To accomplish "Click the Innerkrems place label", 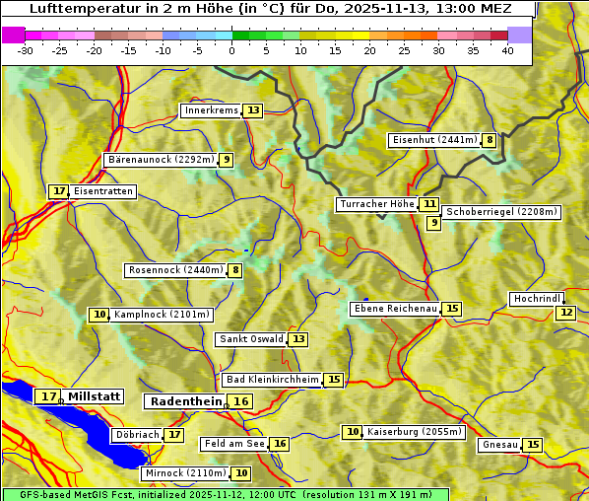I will [211, 110].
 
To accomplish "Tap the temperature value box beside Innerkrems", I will [254, 110].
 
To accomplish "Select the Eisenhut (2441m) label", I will [434, 140].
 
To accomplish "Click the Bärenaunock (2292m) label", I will [160, 160].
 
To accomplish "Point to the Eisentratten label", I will [102, 191].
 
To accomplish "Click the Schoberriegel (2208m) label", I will [501, 212].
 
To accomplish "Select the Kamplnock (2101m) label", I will [162, 316].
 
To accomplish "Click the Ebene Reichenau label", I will [395, 310].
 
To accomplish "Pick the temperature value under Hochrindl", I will [565, 313].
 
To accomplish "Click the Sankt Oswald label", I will [251, 339].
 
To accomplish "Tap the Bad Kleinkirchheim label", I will [273, 380].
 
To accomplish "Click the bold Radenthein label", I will [185, 401].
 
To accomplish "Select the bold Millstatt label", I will [95, 396].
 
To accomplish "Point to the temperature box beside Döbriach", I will [174, 434].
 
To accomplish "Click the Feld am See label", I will [234, 444].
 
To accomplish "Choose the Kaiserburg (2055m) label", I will [414, 432].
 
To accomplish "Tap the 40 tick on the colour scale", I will [507, 49].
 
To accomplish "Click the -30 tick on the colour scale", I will [27, 49].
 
